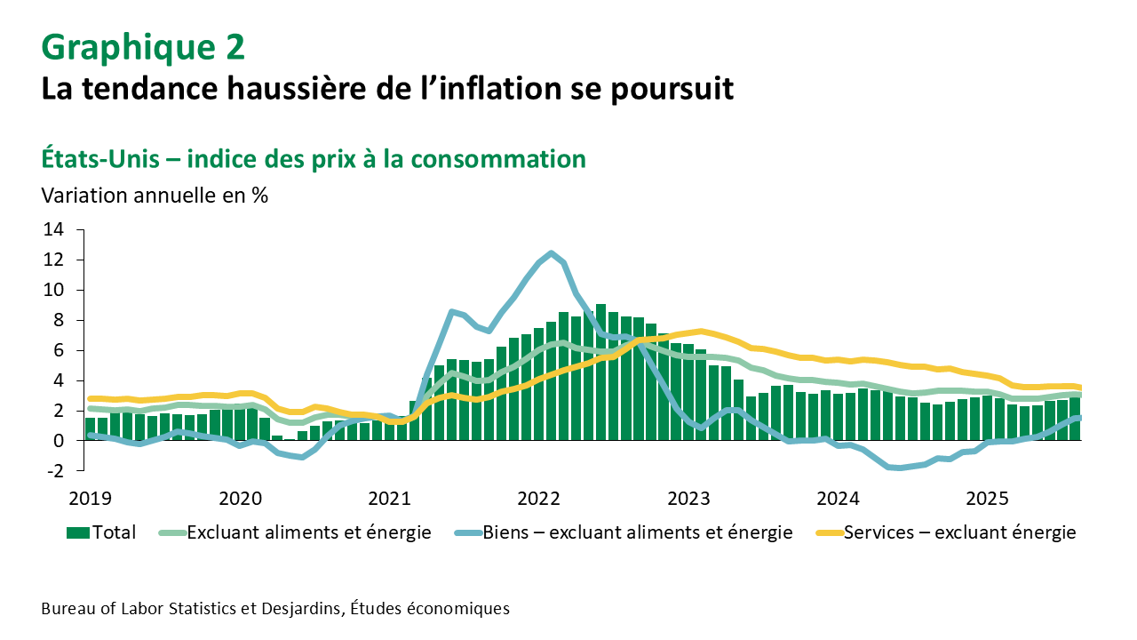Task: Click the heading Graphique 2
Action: pyautogui.click(x=143, y=47)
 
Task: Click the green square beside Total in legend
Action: pyautogui.click(x=78, y=532)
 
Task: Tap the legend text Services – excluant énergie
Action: pyautogui.click(x=959, y=532)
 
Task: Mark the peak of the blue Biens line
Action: pyautogui.click(x=552, y=253)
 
